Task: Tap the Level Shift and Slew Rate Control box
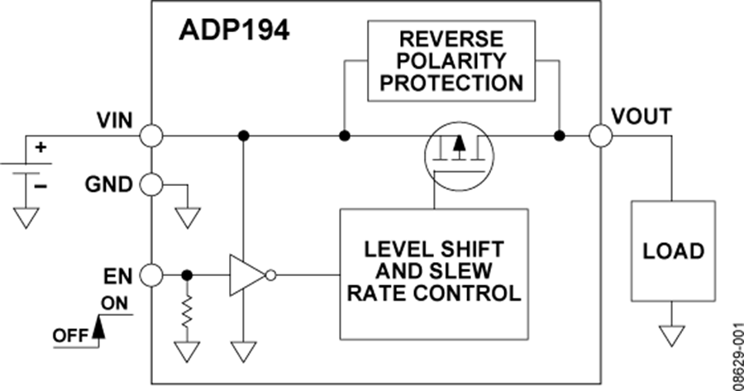pyautogui.click(x=433, y=271)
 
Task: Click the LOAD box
pyautogui.click(x=673, y=250)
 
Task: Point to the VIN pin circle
pyautogui.click(x=150, y=136)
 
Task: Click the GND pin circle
pyautogui.click(x=150, y=184)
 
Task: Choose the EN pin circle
pyautogui.click(x=150, y=274)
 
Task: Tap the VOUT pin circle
pyautogui.click(x=601, y=136)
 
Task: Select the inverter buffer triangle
pyautogui.click(x=246, y=274)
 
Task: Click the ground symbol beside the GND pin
pyautogui.click(x=188, y=217)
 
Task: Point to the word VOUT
pyautogui.click(x=641, y=117)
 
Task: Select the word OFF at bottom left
pyautogui.click(x=71, y=336)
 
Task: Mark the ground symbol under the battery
pyautogui.click(x=28, y=217)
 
